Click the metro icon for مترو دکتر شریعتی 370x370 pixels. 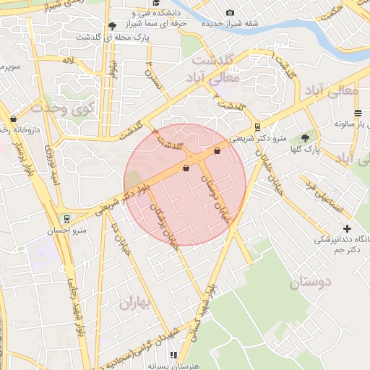click(258, 127)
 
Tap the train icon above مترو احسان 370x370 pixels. click(67, 218)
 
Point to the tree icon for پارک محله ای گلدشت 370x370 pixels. click(111, 26)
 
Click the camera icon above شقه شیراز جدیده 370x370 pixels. click(230, 12)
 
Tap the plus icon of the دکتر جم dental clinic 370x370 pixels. click(347, 228)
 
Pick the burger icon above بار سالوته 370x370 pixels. click(358, 112)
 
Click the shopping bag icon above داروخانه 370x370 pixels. click(13, 119)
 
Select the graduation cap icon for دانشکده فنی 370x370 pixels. click(155, 4)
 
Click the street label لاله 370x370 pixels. click(68, 61)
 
